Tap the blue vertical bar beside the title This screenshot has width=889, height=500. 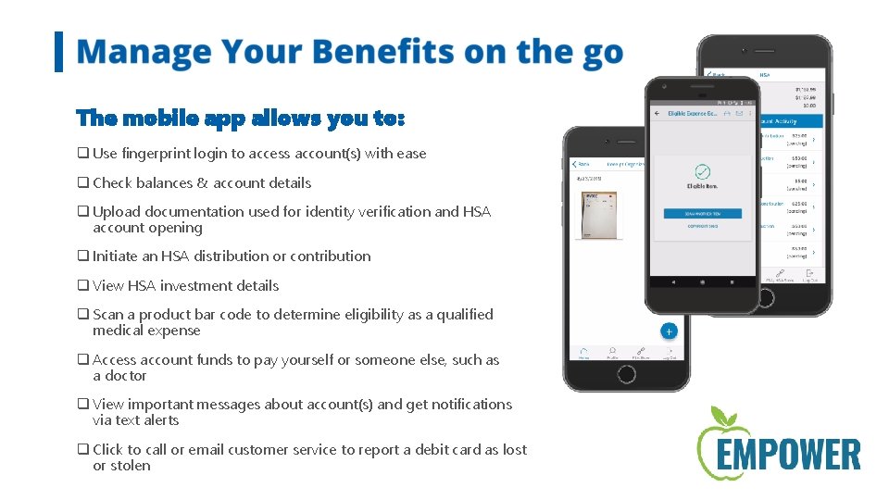pyautogui.click(x=59, y=52)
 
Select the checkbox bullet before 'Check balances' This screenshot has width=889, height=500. pyautogui.click(x=82, y=183)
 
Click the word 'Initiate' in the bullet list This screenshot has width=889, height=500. pyautogui.click(x=116, y=256)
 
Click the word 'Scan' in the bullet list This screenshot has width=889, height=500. pyautogui.click(x=108, y=315)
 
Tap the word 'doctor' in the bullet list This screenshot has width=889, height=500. pyautogui.click(x=126, y=376)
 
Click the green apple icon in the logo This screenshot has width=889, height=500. pyautogui.click(x=721, y=440)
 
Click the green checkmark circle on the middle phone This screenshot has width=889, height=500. pyautogui.click(x=702, y=172)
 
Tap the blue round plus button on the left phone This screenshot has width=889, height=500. pyautogui.click(x=669, y=331)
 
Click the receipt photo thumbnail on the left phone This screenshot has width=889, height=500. pyautogui.click(x=597, y=215)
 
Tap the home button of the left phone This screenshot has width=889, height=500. pyautogui.click(x=626, y=374)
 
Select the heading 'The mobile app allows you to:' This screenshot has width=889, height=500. pyautogui.click(x=240, y=119)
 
